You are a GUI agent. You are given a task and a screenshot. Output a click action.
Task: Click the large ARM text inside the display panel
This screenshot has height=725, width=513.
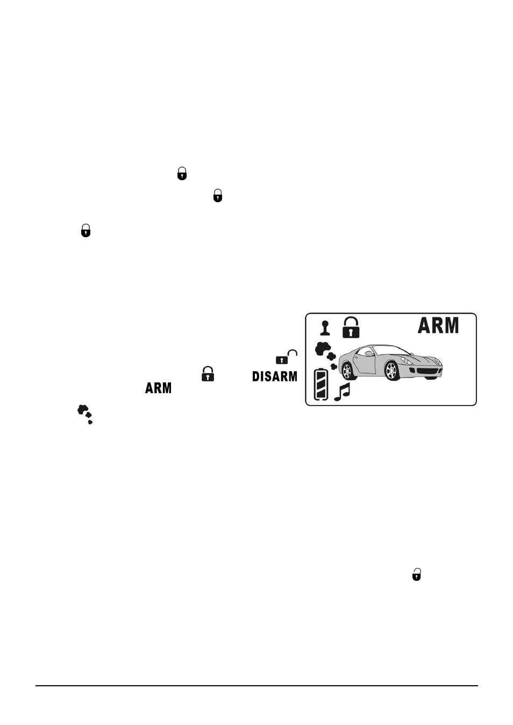(438, 325)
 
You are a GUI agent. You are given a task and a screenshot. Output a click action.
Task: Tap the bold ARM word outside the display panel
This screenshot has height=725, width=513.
(158, 388)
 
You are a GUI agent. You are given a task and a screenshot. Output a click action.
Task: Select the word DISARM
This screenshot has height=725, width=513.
(274, 376)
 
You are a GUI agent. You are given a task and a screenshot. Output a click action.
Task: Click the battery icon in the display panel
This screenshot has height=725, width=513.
(321, 384)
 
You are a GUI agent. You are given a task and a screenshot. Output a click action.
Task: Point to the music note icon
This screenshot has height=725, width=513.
(342, 392)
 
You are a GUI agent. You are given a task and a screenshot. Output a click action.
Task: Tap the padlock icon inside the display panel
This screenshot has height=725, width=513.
(351, 328)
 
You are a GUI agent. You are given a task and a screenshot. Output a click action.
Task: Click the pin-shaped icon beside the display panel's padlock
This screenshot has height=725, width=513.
(325, 328)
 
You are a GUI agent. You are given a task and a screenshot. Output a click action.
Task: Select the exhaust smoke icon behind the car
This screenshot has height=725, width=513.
(326, 356)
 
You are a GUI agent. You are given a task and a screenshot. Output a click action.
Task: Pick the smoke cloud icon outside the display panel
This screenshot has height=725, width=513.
(85, 414)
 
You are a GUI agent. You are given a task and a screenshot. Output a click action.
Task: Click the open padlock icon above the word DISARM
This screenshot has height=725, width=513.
(287, 357)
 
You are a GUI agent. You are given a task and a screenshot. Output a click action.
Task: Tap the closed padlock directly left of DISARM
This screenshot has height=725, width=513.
(208, 374)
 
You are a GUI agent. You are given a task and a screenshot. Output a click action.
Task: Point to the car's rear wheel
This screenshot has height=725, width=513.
(347, 371)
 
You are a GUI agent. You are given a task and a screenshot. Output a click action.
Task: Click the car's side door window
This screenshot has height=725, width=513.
(365, 351)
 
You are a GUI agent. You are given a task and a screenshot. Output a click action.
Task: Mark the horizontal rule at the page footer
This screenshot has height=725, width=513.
(256, 685)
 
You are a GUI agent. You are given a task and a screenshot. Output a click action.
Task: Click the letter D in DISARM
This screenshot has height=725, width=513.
(255, 376)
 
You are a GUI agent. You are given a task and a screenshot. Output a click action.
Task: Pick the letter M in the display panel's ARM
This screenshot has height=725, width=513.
(452, 325)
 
